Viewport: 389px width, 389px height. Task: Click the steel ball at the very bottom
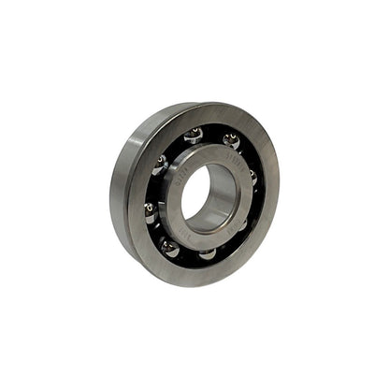pos(208,253)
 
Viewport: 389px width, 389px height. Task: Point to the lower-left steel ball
pos(170,247)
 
